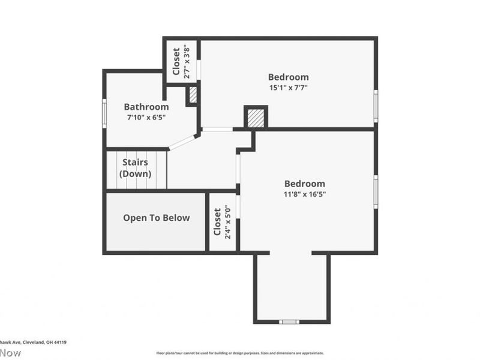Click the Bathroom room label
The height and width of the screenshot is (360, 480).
coord(146,107)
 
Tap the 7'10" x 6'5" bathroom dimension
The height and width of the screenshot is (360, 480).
coord(146,118)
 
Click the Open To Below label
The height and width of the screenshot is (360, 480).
coord(156,218)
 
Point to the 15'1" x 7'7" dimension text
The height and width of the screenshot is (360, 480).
coord(288,88)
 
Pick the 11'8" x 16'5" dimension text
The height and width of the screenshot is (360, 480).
coord(305,194)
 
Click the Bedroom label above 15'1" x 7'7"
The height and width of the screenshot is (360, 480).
coord(288,77)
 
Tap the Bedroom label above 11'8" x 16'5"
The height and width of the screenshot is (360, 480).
coord(305,184)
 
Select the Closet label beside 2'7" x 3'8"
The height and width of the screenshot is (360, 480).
coord(176,62)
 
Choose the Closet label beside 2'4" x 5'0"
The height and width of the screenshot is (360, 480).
coord(217,222)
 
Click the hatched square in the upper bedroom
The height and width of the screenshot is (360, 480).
coord(255,117)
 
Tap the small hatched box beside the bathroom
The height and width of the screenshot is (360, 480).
coord(193,95)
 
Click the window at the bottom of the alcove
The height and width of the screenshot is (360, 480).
coord(289,322)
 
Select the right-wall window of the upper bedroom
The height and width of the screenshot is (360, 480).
coord(376,106)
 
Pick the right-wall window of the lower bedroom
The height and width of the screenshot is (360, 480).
coord(376,192)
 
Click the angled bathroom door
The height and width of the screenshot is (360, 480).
coord(182,142)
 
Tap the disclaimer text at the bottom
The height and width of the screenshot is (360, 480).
coord(240,353)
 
